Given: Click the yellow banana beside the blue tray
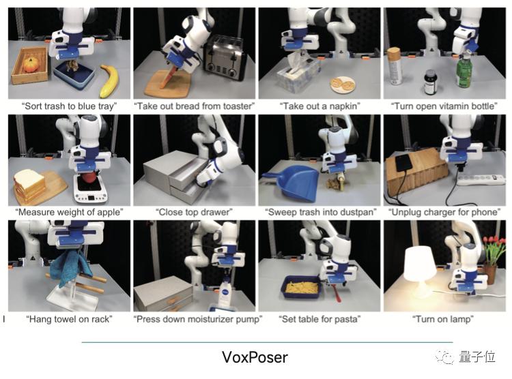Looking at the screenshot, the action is [109, 81].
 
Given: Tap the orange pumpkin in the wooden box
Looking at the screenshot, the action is [31, 65].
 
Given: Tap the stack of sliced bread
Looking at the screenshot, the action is [29, 185].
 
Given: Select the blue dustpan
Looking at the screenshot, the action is [294, 181].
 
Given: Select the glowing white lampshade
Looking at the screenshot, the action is [420, 263].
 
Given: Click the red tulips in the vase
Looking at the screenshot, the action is [494, 249].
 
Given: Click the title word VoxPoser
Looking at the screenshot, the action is [255, 357].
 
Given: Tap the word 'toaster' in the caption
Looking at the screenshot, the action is [238, 106].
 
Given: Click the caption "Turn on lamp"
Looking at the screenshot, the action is [443, 319].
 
